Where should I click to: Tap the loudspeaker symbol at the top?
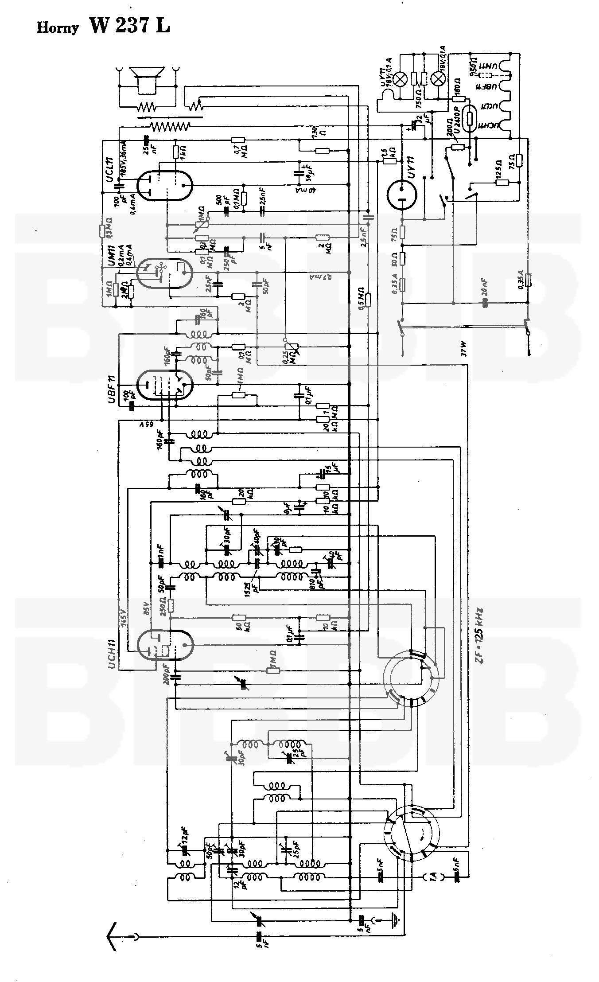coord(147,80)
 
